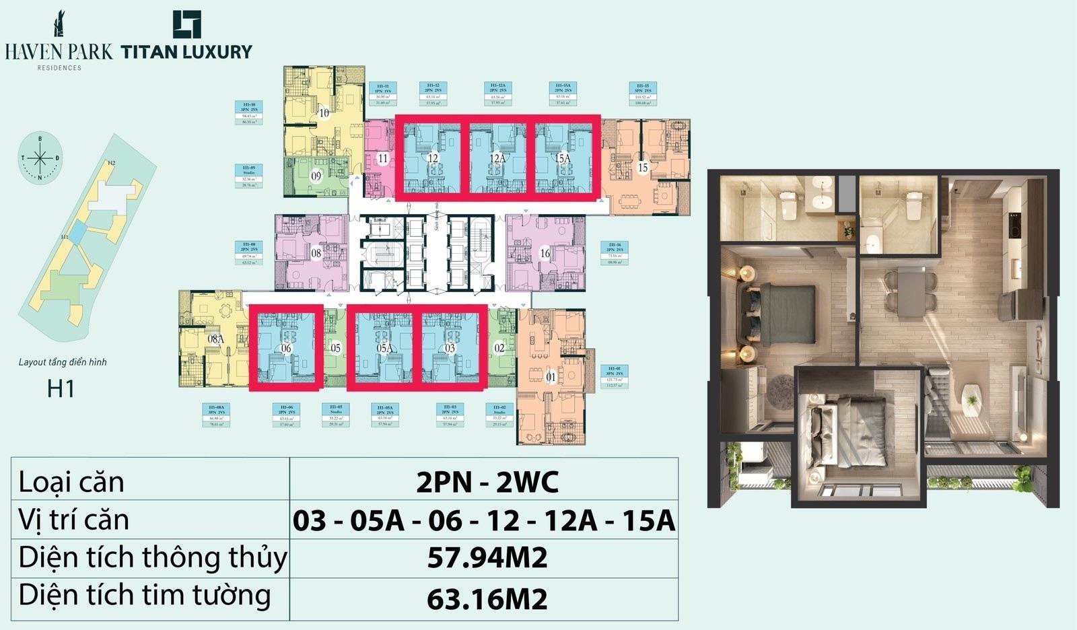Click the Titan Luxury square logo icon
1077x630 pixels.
click(x=186, y=24)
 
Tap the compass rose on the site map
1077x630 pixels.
click(x=40, y=158)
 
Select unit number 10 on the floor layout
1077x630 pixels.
click(x=324, y=113)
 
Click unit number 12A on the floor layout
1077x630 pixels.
click(x=497, y=159)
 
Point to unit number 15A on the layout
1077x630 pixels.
click(x=563, y=159)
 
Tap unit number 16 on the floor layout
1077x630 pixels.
click(x=545, y=254)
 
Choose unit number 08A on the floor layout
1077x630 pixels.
click(x=215, y=339)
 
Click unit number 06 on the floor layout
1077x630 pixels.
click(x=286, y=348)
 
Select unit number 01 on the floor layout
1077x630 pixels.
click(x=551, y=378)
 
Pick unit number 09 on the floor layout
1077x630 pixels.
click(x=316, y=176)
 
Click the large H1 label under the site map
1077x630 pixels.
click(x=61, y=389)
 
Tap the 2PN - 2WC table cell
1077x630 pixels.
click(x=487, y=482)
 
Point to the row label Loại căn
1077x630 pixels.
click(x=71, y=482)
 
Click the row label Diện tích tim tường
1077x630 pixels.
click(x=145, y=596)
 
